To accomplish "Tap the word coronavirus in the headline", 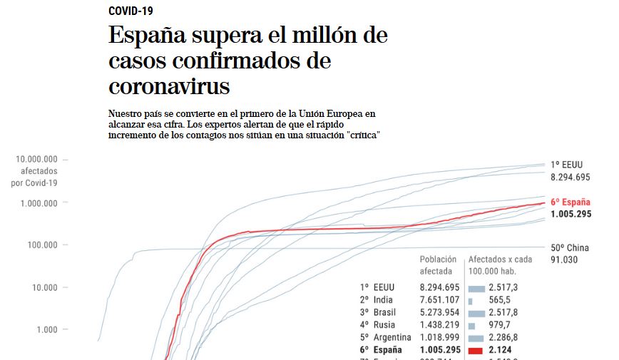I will click(x=169, y=86).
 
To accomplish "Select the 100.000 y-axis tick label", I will click(x=44, y=245).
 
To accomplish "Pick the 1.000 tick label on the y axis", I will click(x=48, y=329).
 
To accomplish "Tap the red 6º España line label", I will click(x=571, y=201).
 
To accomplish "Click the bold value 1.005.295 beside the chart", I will click(x=571, y=214).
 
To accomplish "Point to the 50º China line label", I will click(x=571, y=248).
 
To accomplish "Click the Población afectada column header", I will click(x=438, y=266).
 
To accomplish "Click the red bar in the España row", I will click(x=476, y=350).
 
